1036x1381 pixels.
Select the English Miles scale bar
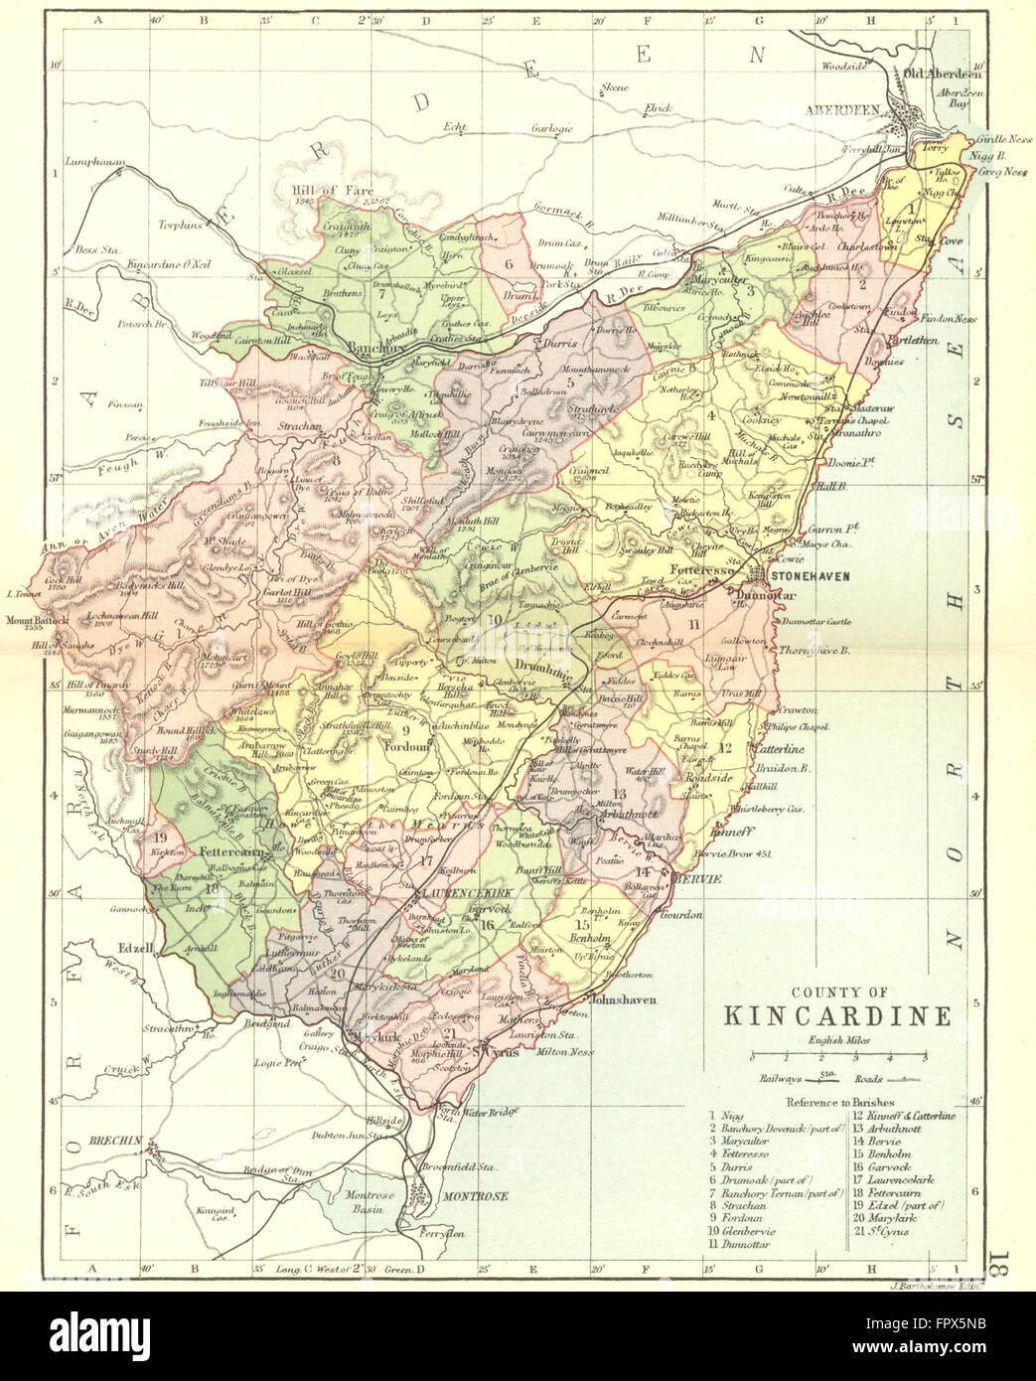pos(835,1055)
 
